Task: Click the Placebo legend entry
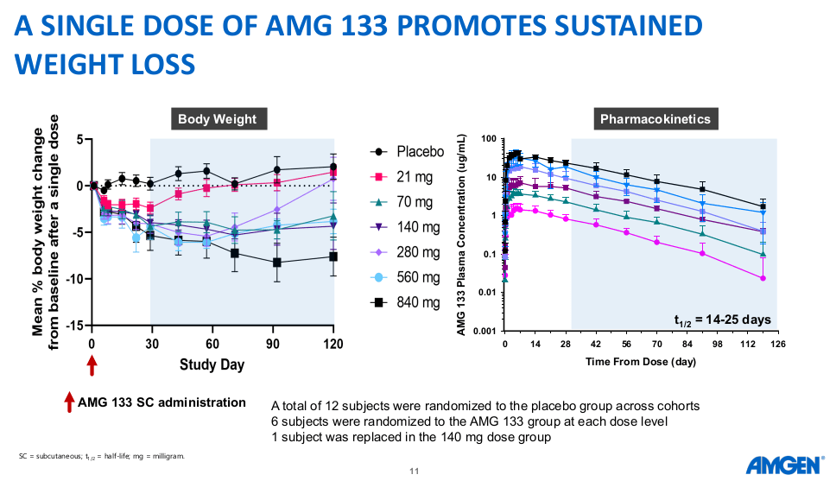[x=420, y=152]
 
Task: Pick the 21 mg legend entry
[x=415, y=177]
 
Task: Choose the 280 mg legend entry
[x=418, y=252]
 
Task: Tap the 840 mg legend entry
[x=418, y=302]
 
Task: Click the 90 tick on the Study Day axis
[x=273, y=343]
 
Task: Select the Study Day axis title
[x=212, y=364]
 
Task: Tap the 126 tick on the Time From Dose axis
[x=777, y=343]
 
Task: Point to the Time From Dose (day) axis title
[x=640, y=360]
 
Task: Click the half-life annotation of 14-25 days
[x=722, y=320]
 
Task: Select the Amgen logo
[x=783, y=465]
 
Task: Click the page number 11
[x=414, y=471]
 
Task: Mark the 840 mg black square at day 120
[x=333, y=256]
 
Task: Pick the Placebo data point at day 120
[x=333, y=167]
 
